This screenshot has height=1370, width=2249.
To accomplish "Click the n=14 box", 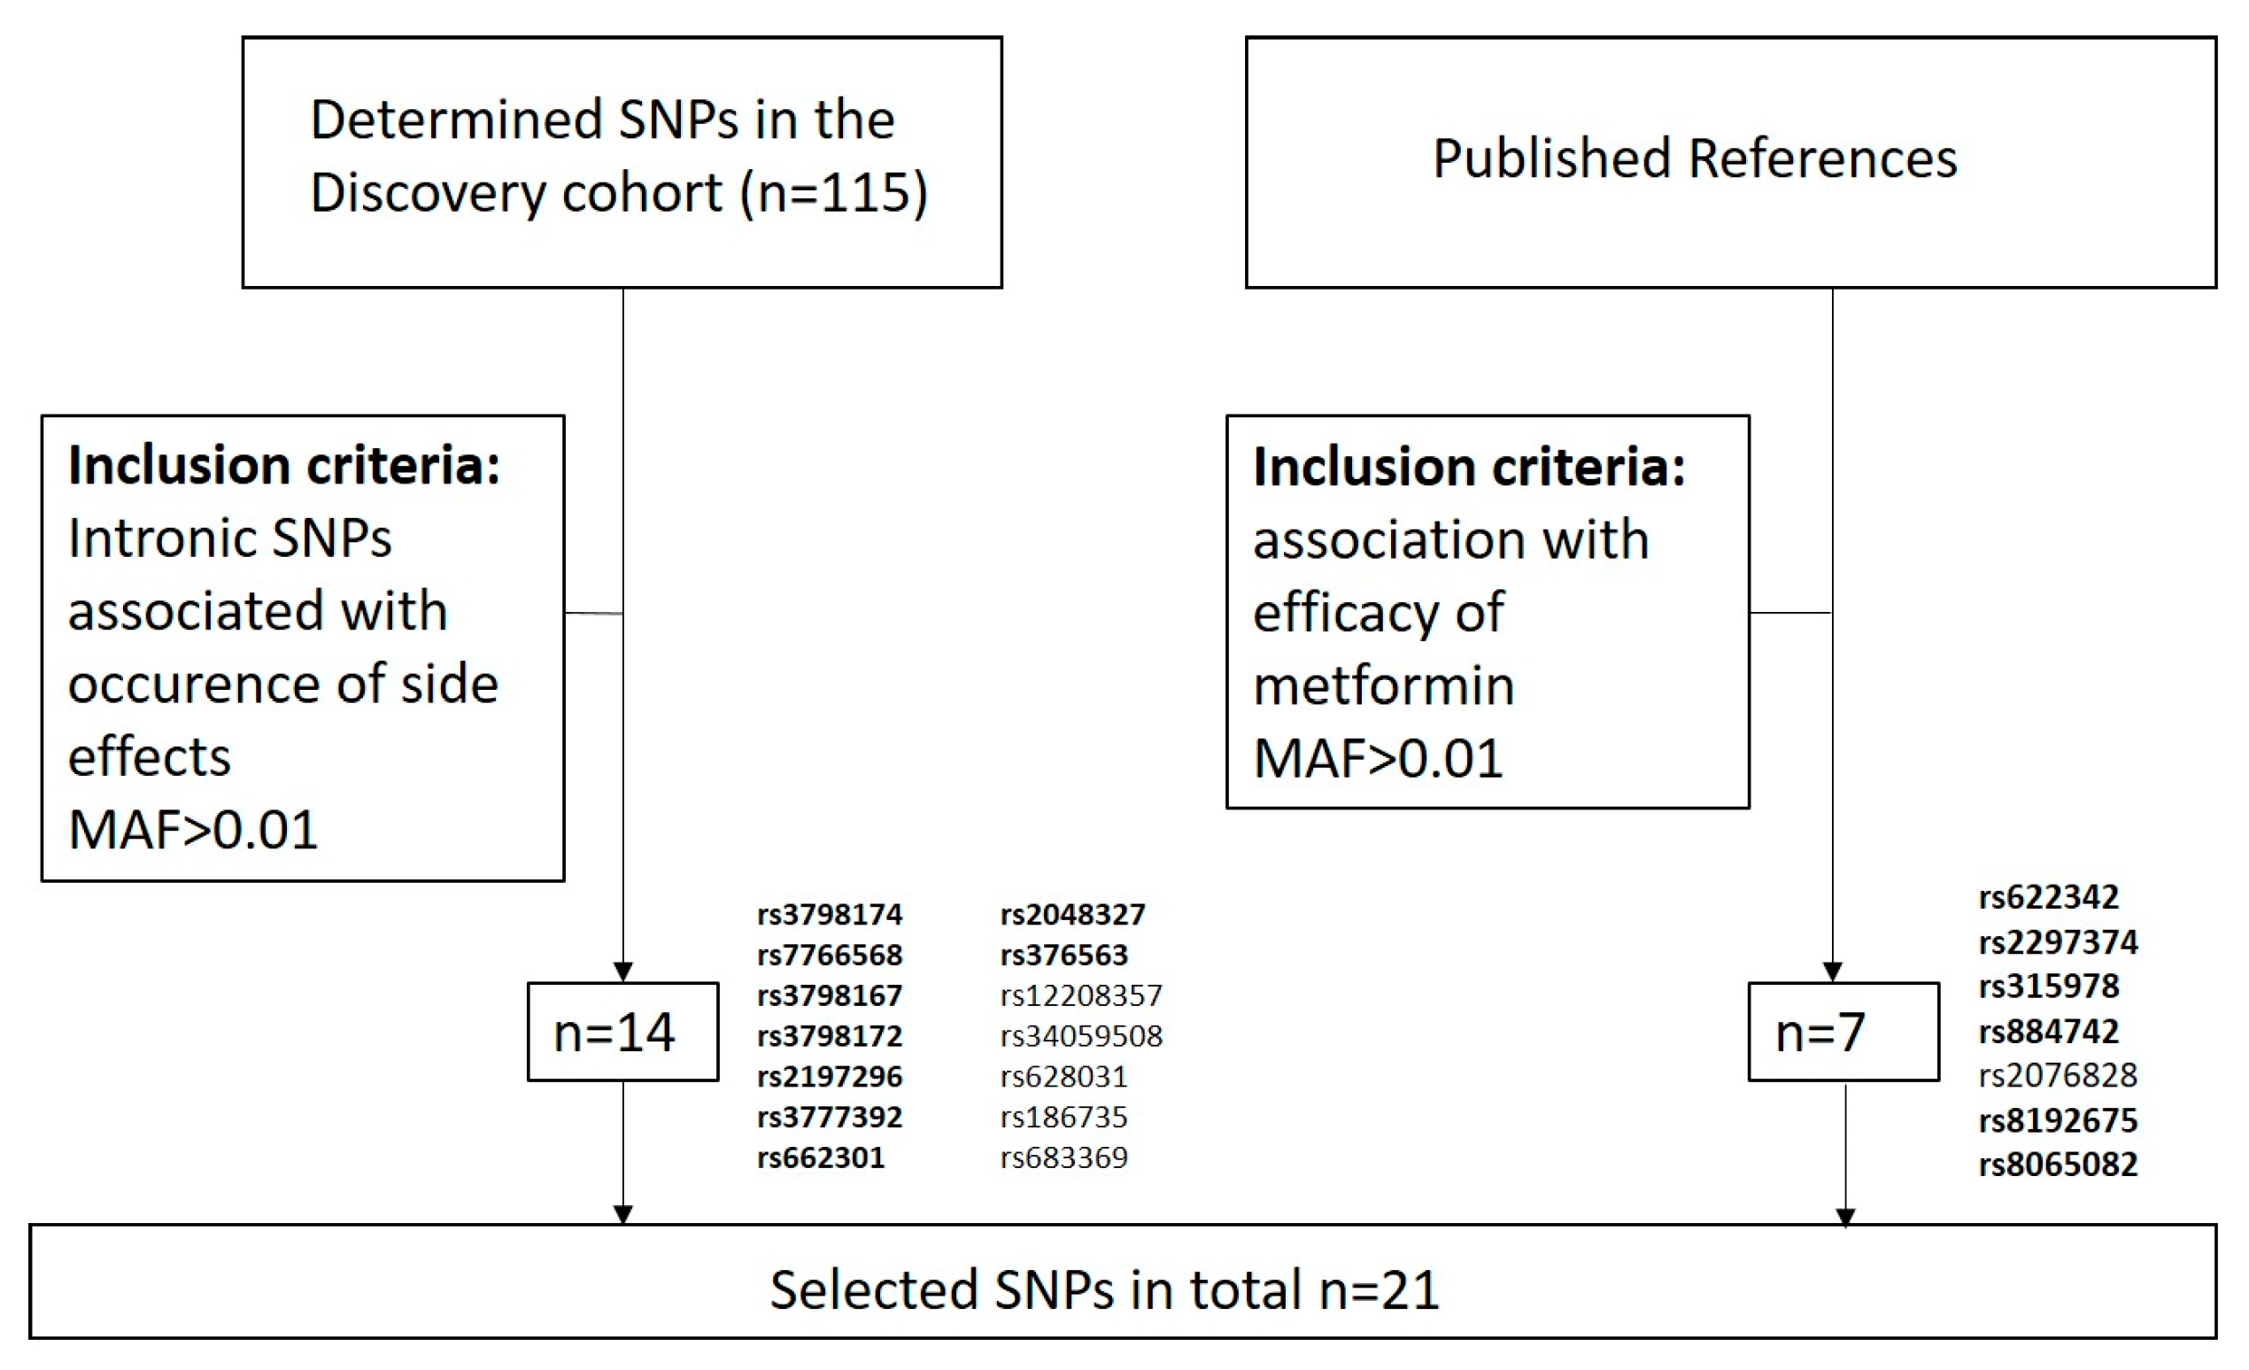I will click(x=622, y=1033).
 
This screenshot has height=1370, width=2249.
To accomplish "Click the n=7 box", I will click(x=1843, y=1033).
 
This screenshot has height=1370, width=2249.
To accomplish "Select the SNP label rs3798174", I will click(x=829, y=914).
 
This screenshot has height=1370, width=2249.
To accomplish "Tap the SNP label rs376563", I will click(x=1063, y=955).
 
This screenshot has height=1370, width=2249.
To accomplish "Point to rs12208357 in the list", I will click(x=1081, y=995).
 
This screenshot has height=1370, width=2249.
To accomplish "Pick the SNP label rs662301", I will click(x=821, y=1157).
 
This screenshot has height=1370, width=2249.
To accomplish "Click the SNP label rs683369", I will click(x=1063, y=1157).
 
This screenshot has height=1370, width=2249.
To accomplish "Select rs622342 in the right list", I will click(x=2048, y=897).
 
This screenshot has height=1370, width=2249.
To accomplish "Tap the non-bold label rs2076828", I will click(x=2058, y=1075).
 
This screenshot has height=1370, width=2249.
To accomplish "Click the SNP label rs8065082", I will click(x=2058, y=1165).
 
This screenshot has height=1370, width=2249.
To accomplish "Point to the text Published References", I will click(x=1694, y=158).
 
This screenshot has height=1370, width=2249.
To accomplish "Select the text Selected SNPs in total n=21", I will click(x=1104, y=1289).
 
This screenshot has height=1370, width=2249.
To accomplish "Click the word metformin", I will click(x=1383, y=685).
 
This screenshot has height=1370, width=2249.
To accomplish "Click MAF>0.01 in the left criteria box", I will click(x=193, y=830).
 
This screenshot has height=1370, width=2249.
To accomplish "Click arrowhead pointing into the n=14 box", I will click(x=622, y=972).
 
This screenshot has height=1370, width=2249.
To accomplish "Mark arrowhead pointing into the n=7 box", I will click(x=1832, y=972).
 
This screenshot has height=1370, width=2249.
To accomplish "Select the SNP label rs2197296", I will click(x=829, y=1076).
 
